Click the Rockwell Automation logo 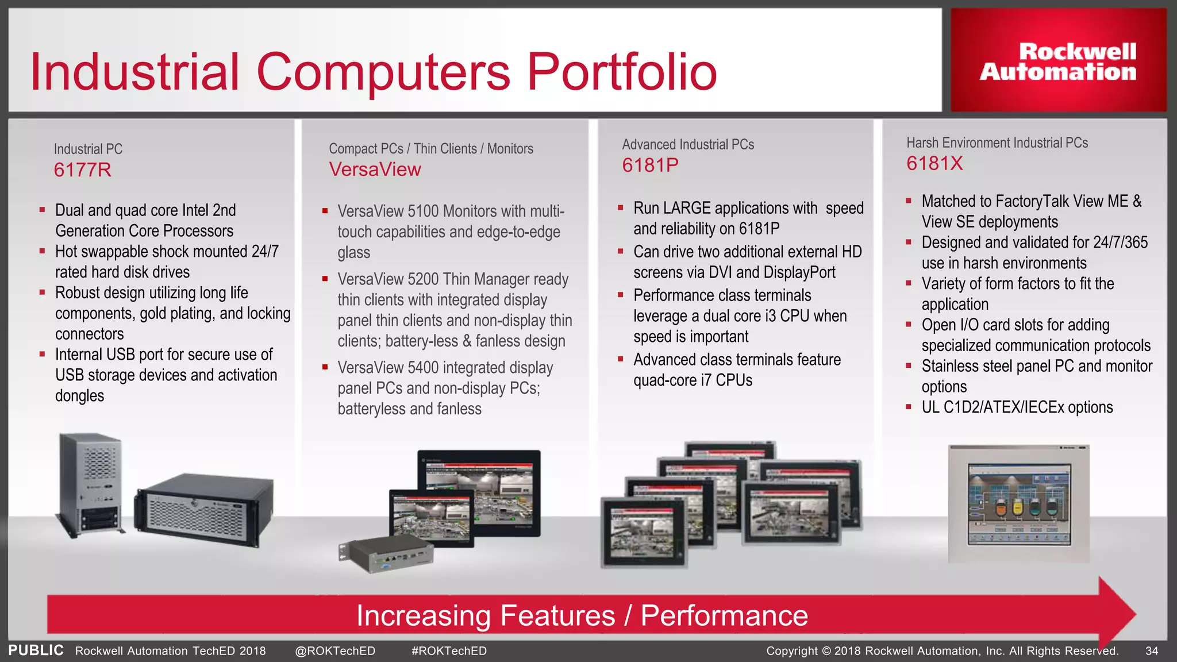[x=1058, y=61]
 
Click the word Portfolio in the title [x=622, y=72]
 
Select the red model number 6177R [x=82, y=170]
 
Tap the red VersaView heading [x=375, y=170]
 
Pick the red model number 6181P [x=650, y=165]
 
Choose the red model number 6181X [x=934, y=164]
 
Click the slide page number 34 [x=1151, y=651]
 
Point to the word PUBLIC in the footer [x=36, y=651]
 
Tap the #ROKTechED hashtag [x=449, y=651]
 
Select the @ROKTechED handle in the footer [x=334, y=651]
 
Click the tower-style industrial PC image [x=91, y=483]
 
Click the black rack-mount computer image [x=203, y=509]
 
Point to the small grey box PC [x=386, y=555]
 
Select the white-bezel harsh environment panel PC [x=1018, y=504]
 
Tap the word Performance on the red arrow [x=724, y=616]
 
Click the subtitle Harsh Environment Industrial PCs [x=997, y=143]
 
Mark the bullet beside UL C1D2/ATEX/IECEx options [x=909, y=407]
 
